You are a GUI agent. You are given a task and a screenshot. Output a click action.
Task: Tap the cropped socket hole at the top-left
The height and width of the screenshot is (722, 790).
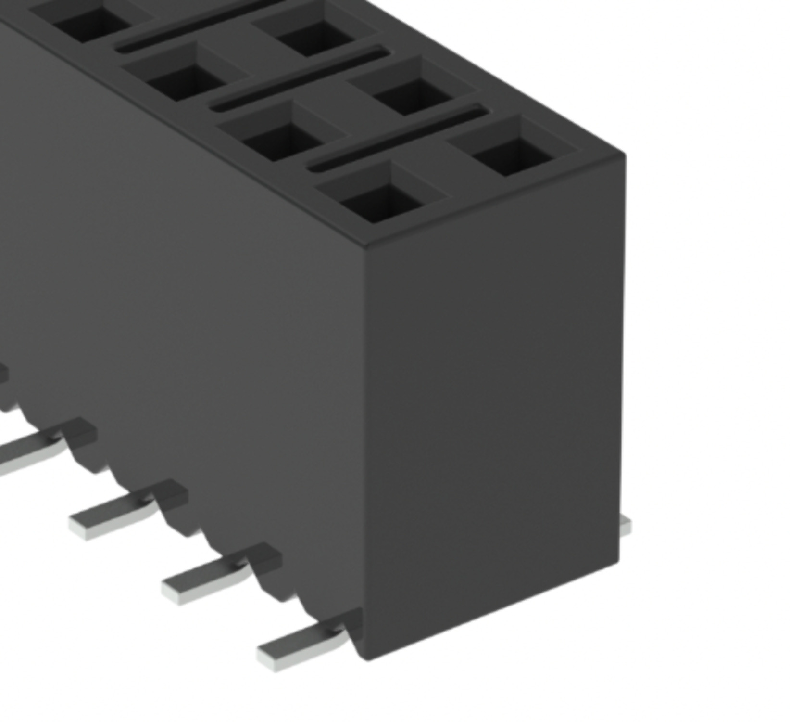point(89,22)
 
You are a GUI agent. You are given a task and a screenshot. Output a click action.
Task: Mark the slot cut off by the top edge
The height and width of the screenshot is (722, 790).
point(202,22)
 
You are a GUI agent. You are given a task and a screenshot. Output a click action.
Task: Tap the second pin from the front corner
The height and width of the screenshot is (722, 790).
point(212,578)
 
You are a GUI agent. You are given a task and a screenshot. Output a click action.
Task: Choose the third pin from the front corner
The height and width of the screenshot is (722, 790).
point(120,513)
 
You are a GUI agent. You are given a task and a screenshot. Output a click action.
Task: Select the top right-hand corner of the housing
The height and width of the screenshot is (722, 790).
point(624,155)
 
